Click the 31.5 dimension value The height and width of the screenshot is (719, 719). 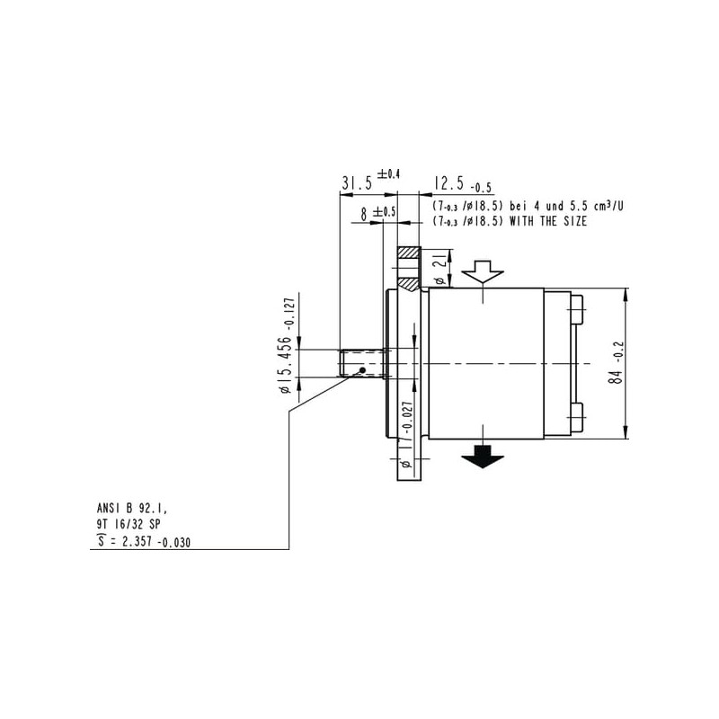[357, 184]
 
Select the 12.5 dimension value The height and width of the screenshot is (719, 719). [448, 183]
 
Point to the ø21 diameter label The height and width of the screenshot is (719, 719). [439, 268]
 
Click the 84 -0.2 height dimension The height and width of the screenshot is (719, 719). [616, 363]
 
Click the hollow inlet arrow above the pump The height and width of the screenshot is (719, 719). [483, 271]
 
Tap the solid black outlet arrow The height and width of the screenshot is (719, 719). [483, 457]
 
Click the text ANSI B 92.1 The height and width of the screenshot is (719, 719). [132, 508]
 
